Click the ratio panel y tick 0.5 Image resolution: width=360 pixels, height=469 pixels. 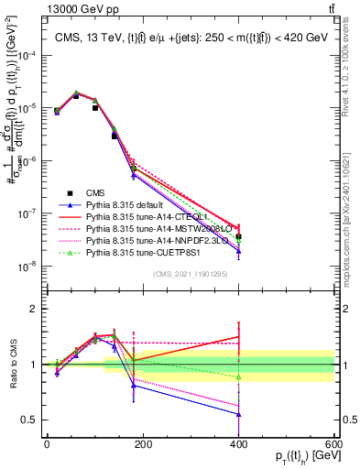tap(29, 420)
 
